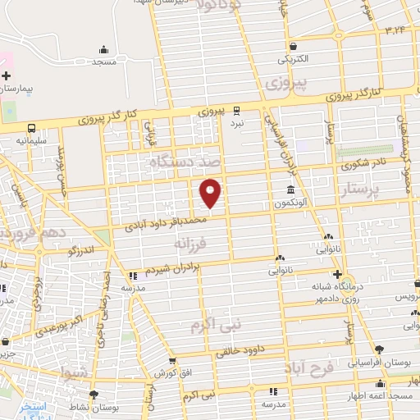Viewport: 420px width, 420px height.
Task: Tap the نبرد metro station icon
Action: [x=237, y=109]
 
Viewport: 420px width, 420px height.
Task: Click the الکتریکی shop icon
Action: [x=293, y=46]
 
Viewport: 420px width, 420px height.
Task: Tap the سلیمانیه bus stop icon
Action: [x=31, y=129]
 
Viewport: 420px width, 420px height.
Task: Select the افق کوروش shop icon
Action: [x=171, y=361]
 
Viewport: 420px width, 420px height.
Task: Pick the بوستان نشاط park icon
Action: [x=95, y=395]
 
